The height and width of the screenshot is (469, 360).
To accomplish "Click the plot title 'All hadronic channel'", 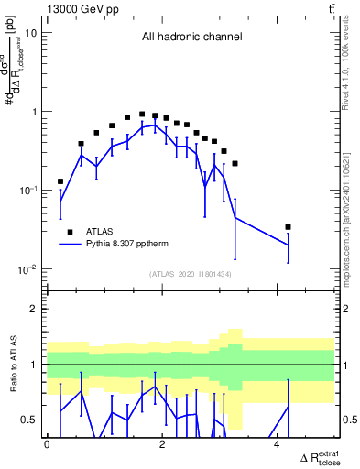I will pos(191,38).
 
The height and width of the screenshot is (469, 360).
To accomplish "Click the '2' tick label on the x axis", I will pos(162,443).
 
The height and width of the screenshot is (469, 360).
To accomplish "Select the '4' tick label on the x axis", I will pos(278,443).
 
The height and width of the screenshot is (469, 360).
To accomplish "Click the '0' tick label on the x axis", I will pos(47,443).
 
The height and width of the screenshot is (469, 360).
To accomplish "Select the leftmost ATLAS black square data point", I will pos(60,181).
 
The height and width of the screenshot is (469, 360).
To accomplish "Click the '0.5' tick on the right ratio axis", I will pos(346,420).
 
